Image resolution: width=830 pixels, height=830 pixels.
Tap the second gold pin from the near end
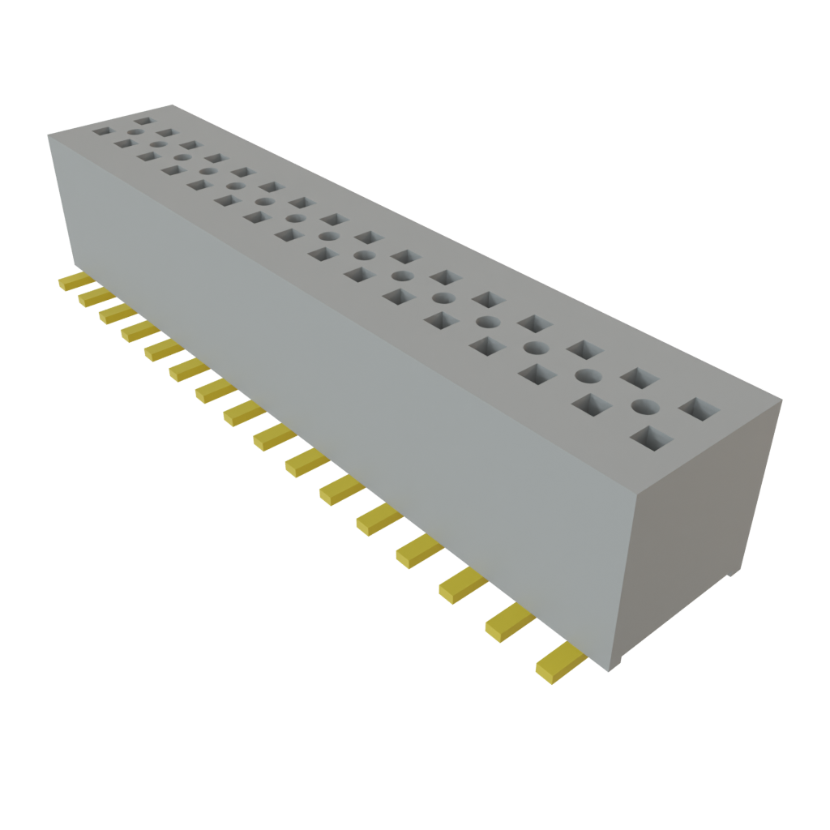[509, 623]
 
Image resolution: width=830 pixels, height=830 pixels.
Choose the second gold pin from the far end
[93, 297]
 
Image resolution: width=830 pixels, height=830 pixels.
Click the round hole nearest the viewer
[644, 406]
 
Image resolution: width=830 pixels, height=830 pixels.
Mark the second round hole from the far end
[157, 144]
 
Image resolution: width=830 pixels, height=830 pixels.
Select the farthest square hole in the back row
[143, 121]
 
